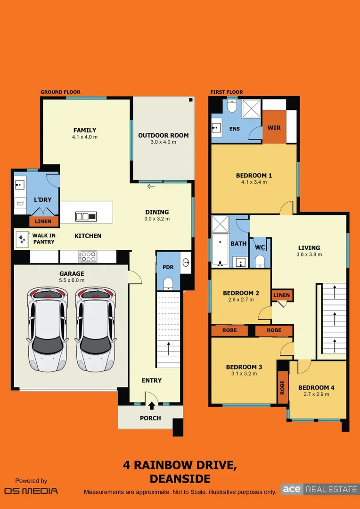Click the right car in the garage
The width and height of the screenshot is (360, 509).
pos(95,329)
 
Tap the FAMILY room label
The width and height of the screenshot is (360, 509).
pos(85,130)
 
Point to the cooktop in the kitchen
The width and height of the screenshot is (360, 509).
pos(88,256)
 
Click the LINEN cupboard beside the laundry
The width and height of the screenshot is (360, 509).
pos(44,221)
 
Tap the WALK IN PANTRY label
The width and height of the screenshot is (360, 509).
pos(43,238)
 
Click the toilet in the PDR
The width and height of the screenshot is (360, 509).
pos(168,283)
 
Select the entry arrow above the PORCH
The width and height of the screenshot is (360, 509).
pos(152,405)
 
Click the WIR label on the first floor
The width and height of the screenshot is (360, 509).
pos(274,128)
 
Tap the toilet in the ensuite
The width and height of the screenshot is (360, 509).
pos(232,106)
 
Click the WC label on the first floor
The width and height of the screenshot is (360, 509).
pos(260,247)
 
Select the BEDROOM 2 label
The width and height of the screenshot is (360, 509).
pos(241,293)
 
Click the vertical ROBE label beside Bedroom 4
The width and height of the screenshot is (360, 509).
pos(283,387)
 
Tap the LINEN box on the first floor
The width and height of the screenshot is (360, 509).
pos(282,296)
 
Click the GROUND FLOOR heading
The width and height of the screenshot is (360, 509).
pos(60,92)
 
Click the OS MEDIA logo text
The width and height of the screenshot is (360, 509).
pos(31,491)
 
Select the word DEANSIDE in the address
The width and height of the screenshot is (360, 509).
pos(180,479)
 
